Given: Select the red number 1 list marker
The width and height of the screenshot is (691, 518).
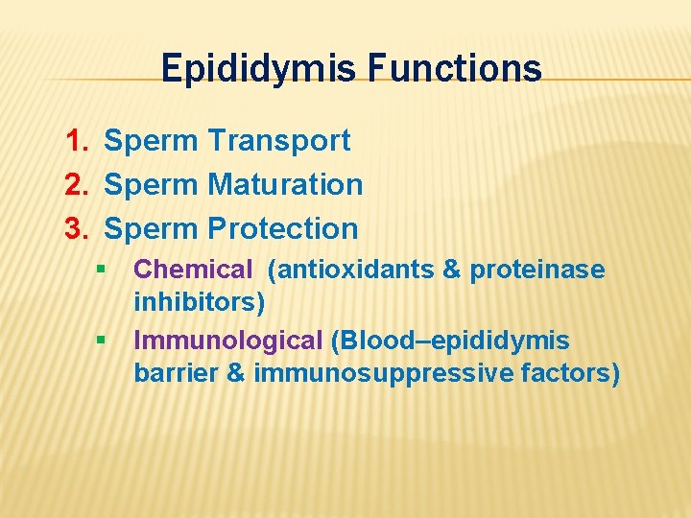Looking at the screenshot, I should pyautogui.click(x=76, y=141).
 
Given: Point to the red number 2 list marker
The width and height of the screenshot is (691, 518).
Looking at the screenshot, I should pyautogui.click(x=76, y=184).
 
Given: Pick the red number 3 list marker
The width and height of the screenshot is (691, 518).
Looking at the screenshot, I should pyautogui.click(x=76, y=228).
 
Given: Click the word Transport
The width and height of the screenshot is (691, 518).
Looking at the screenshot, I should pyautogui.click(x=280, y=141).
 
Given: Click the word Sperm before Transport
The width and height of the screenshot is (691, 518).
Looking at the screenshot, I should pyautogui.click(x=151, y=141).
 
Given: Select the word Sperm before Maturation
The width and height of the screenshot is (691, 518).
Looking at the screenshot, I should pyautogui.click(x=151, y=184).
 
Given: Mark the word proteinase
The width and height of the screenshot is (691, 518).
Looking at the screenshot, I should pyautogui.click(x=537, y=270).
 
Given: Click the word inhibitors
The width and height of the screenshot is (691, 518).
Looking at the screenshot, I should pyautogui.click(x=200, y=302).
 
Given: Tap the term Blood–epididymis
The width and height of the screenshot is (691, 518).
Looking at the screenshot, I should pyautogui.click(x=450, y=340).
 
